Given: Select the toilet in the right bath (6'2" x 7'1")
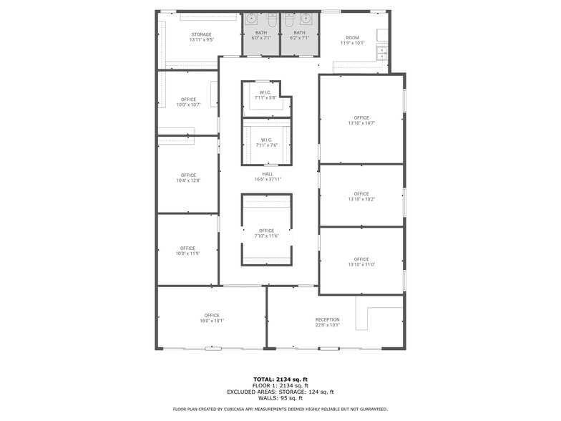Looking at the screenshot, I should tap(289, 21).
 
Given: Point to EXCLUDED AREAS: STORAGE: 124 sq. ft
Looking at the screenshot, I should tap(280, 392).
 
